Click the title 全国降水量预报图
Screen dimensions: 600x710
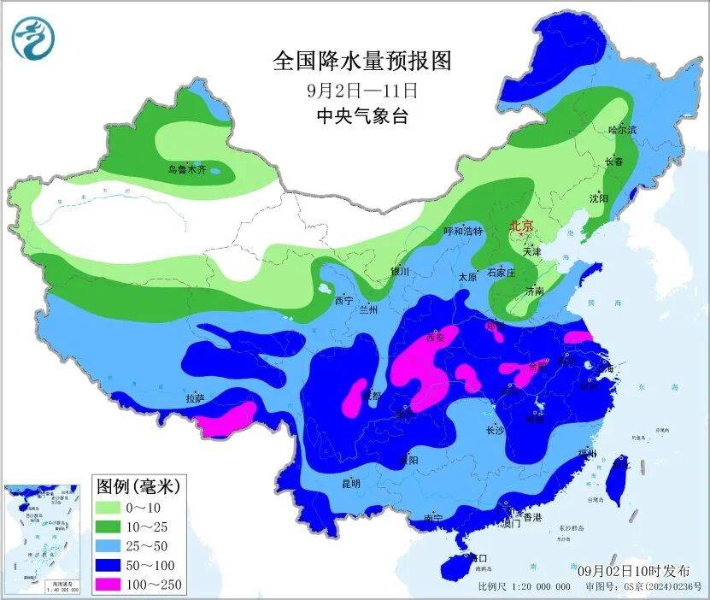361,61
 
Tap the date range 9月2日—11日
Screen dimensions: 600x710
361,88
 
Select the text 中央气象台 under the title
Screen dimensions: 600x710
361,115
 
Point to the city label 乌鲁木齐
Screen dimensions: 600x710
186,170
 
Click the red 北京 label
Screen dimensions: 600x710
520,226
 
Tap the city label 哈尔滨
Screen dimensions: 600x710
622,130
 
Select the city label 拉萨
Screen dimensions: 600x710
196,398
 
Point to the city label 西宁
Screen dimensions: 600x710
343,301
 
